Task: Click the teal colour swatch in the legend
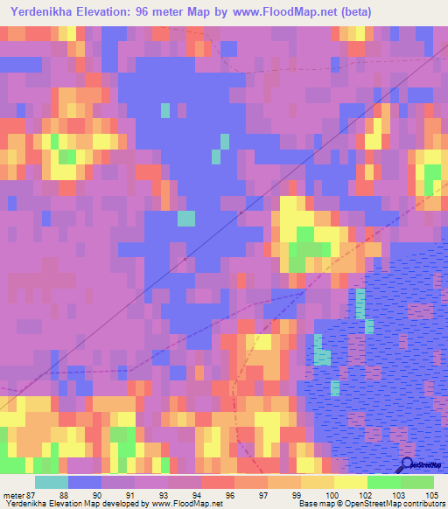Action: pos(52,482)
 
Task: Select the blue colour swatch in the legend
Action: pos(85,482)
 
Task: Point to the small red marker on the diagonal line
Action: pos(241,212)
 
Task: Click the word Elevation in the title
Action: pos(109,12)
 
